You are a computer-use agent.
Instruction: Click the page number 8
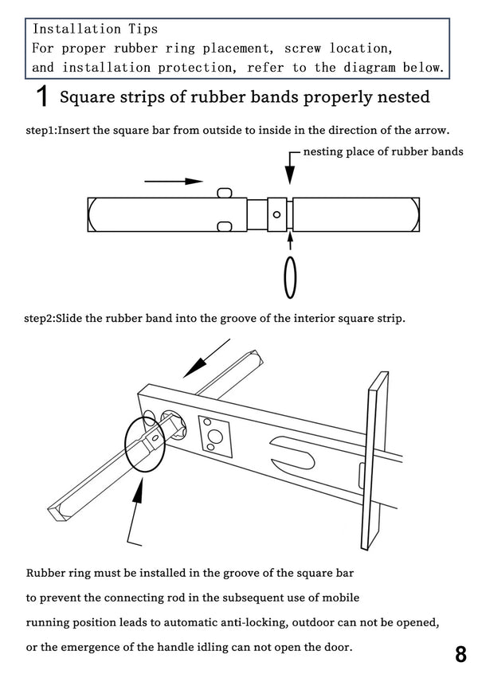(x=460, y=654)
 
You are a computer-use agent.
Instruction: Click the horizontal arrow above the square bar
(x=174, y=182)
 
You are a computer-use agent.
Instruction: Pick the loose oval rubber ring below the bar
(x=290, y=276)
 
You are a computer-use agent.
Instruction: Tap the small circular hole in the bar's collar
(x=276, y=214)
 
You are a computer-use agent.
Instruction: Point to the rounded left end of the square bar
(x=92, y=214)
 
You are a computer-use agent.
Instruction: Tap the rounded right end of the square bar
(x=413, y=214)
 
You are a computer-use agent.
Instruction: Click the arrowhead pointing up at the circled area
(x=136, y=497)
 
